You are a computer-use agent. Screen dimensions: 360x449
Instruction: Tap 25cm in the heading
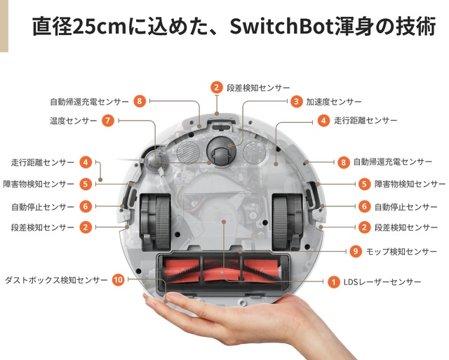100,28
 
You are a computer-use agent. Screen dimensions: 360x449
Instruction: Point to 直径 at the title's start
51,28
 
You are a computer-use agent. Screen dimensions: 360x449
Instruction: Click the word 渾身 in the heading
348,28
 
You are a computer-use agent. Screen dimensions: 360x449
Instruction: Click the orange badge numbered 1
333,282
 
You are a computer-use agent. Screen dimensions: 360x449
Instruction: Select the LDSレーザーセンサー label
383,282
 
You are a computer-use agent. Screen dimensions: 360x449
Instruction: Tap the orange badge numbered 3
297,102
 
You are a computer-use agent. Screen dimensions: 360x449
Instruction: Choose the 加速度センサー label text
334,102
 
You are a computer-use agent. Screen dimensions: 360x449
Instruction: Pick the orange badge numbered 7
107,121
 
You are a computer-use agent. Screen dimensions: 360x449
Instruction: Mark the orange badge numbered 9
356,251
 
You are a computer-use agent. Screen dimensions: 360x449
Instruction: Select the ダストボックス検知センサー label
57,280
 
